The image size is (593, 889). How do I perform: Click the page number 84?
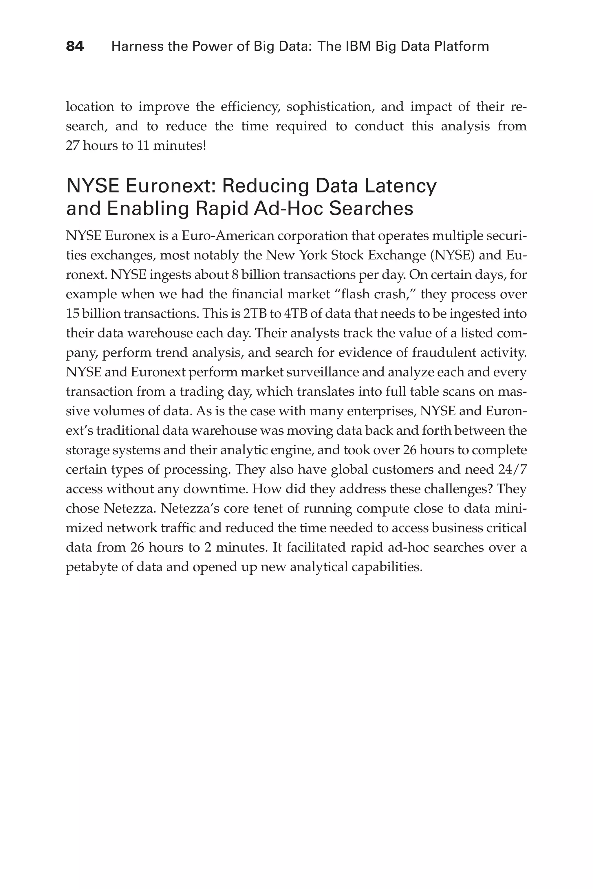(75, 47)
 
